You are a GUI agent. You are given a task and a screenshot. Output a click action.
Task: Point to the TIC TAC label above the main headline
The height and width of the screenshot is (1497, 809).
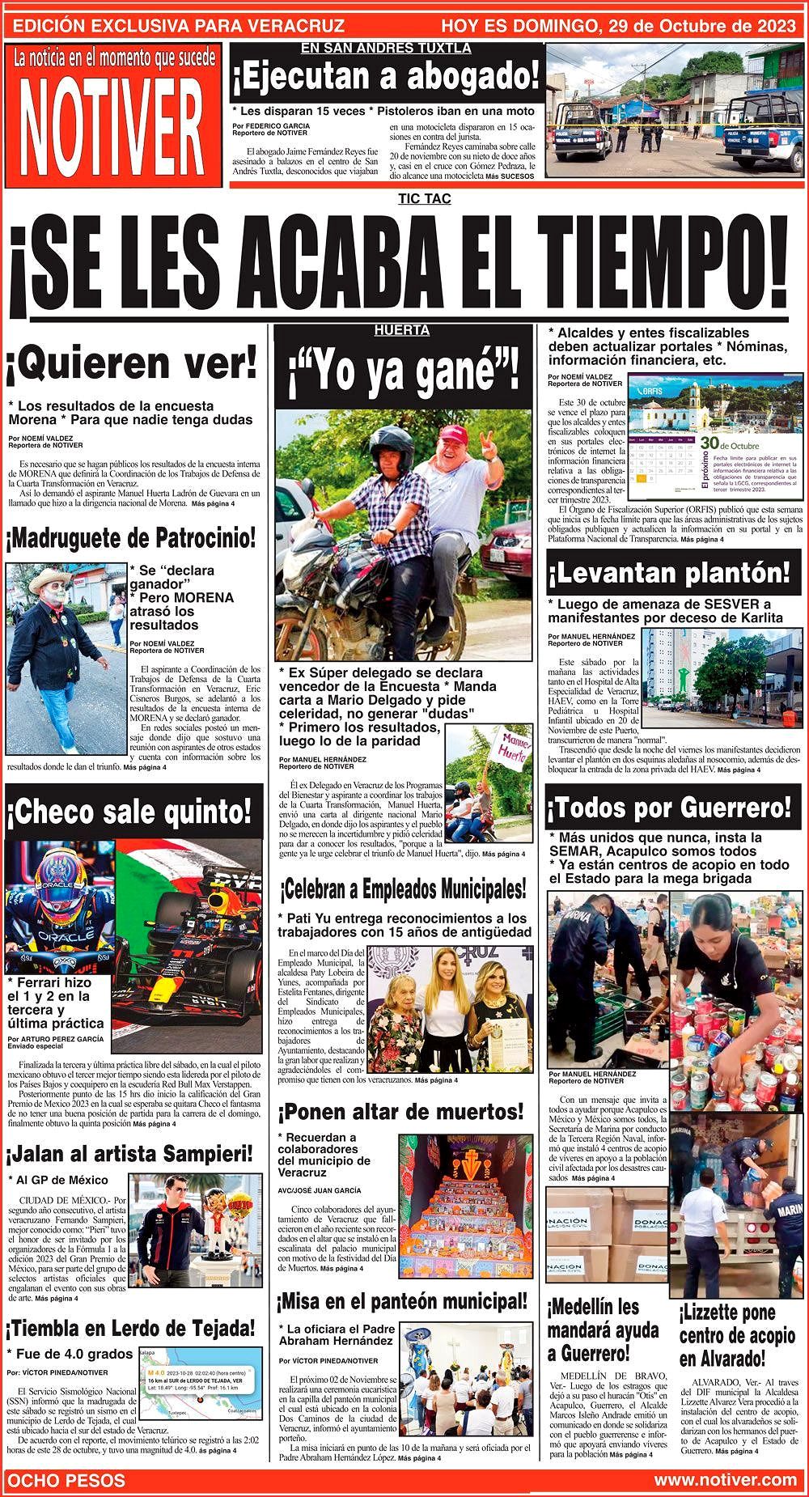[x=424, y=199]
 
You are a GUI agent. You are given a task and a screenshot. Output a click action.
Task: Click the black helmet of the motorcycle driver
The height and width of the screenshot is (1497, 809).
[x=393, y=443]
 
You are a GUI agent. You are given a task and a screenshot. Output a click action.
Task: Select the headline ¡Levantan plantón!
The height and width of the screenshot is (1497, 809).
[x=668, y=574]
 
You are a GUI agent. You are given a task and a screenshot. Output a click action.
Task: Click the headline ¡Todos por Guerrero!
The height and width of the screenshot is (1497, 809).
[x=669, y=807]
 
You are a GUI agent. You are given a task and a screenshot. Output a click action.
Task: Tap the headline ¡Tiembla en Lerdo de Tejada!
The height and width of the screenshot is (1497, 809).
[x=131, y=1328]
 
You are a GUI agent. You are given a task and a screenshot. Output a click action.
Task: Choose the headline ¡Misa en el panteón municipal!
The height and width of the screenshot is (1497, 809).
[x=402, y=1302]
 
